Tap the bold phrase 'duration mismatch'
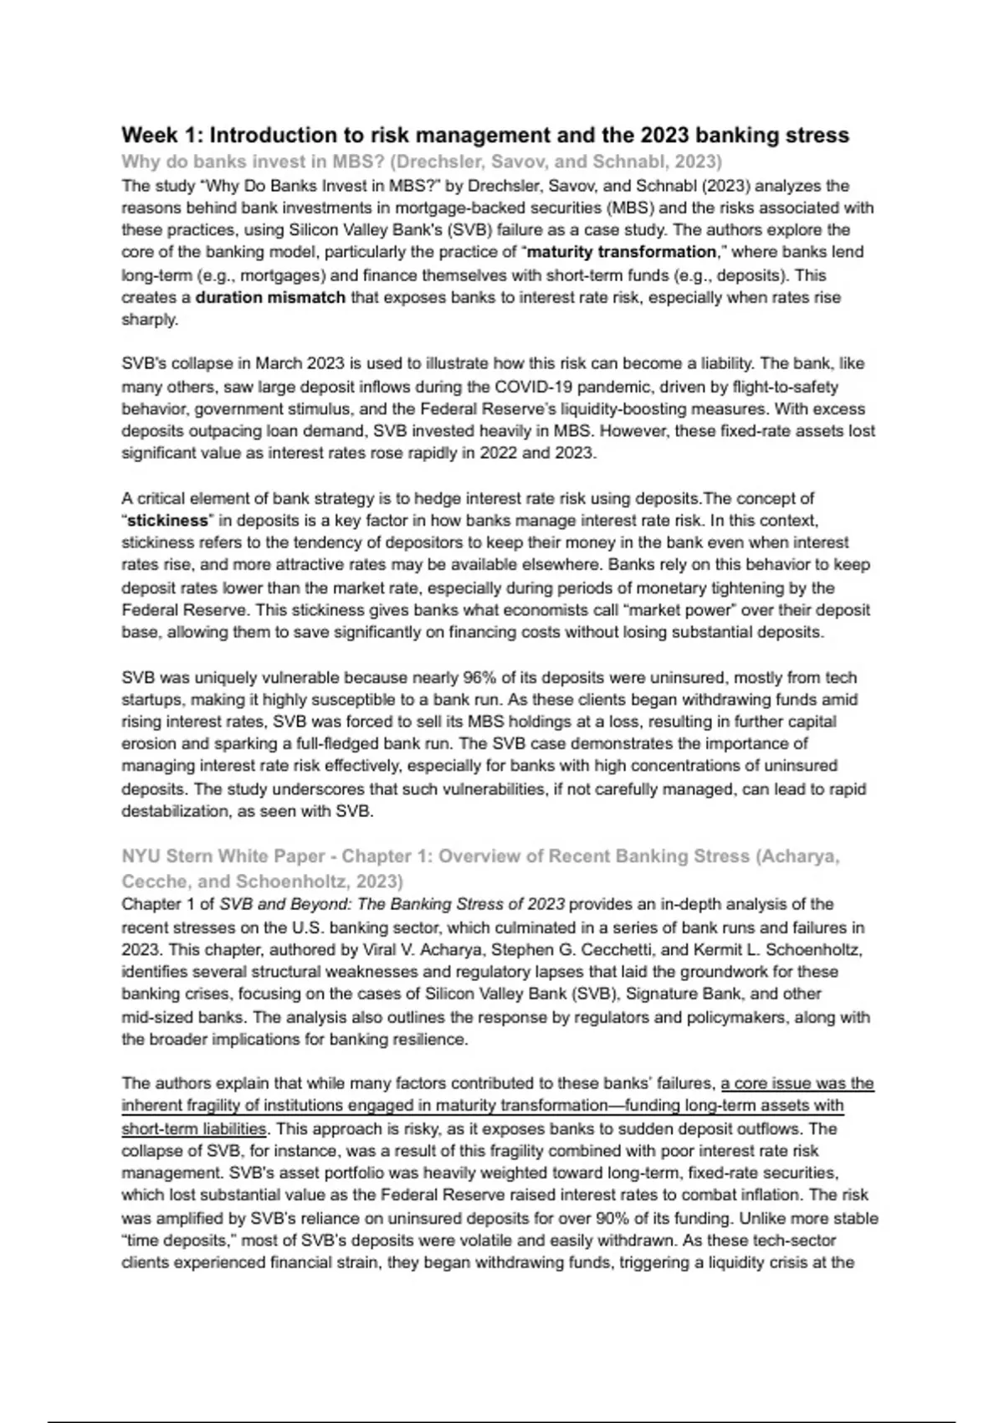[x=270, y=297]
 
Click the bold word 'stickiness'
[x=167, y=521]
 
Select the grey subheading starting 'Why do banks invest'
[x=421, y=162]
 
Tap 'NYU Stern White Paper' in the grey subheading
[x=222, y=856]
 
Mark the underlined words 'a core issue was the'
[x=797, y=1083]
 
